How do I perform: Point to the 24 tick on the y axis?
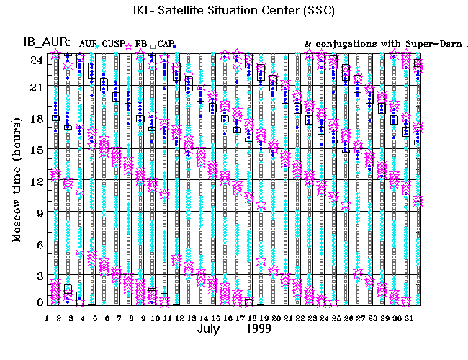pos(34,60)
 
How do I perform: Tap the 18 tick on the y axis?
pos(34,120)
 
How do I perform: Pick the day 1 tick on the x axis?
pos(47,318)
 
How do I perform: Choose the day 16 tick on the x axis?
pos(228,318)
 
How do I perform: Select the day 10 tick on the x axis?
pos(155,318)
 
